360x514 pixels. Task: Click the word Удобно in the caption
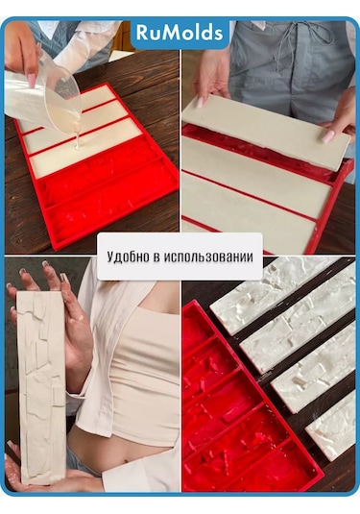[129, 257]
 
